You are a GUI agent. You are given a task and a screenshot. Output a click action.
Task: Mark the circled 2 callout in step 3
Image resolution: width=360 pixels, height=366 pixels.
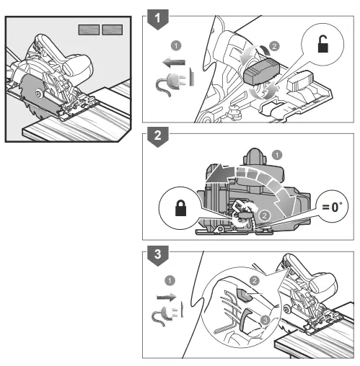[x=253, y=280]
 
